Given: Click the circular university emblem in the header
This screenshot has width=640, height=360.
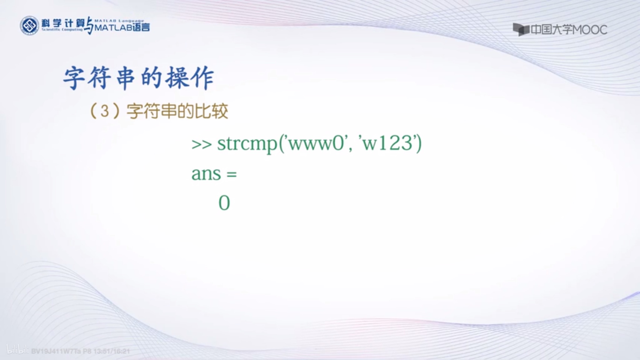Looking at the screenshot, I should click(x=29, y=26).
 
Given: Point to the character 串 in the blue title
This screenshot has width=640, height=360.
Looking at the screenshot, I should click(x=125, y=78).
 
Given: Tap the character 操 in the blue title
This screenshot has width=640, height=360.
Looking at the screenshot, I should click(x=177, y=78).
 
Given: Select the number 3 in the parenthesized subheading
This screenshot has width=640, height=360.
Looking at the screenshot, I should click(x=105, y=111).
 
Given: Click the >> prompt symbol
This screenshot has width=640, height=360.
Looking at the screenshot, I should click(x=201, y=144).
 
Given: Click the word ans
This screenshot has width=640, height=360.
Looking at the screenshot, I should click(x=206, y=174).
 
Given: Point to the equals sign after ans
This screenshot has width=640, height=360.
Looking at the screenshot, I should click(x=232, y=174).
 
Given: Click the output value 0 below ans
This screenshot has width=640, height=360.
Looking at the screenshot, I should click(x=224, y=203).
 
